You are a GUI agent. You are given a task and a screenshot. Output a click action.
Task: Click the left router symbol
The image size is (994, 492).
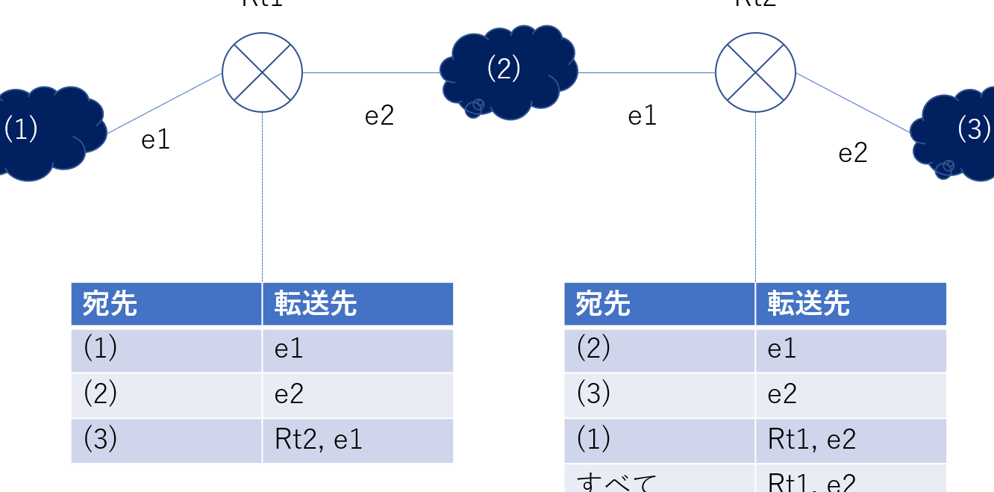pyautogui.click(x=262, y=72)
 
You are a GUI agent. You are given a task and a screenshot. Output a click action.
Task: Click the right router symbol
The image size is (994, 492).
pyautogui.click(x=755, y=72)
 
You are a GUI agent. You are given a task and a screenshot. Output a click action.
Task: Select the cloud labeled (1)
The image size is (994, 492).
pyautogui.click(x=45, y=133)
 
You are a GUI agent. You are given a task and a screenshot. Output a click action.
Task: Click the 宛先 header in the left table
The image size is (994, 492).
pyautogui.click(x=166, y=304)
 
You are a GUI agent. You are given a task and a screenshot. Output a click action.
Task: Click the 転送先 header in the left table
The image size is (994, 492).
pyautogui.click(x=357, y=304)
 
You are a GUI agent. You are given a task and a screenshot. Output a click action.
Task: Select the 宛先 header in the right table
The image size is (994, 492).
pyautogui.click(x=659, y=304)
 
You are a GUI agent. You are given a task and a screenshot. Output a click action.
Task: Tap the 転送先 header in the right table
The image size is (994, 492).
pyautogui.click(x=851, y=304)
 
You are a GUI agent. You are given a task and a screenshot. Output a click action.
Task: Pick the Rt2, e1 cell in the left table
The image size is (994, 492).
pyautogui.click(x=357, y=440)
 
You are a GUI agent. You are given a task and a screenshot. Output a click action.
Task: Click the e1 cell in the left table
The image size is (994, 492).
pyautogui.click(x=357, y=349)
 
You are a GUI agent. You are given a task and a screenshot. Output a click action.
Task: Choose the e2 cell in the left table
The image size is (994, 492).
pyautogui.click(x=357, y=395)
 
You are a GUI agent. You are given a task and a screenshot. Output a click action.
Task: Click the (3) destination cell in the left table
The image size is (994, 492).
pyautogui.click(x=166, y=440)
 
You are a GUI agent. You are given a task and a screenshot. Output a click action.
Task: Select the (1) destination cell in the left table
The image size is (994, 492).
pyautogui.click(x=166, y=349)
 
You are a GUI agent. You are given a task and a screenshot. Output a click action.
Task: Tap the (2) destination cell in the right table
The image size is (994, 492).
pyautogui.click(x=659, y=349)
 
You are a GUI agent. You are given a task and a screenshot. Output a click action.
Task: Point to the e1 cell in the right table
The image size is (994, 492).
pyautogui.click(x=851, y=349)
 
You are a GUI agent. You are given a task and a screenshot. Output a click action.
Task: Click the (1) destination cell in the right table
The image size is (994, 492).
pyautogui.click(x=659, y=440)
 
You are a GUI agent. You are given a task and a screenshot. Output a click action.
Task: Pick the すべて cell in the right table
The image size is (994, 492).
pyautogui.click(x=659, y=479)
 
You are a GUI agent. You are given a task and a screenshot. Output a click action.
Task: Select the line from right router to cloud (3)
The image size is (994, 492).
pyautogui.click(x=853, y=103)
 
